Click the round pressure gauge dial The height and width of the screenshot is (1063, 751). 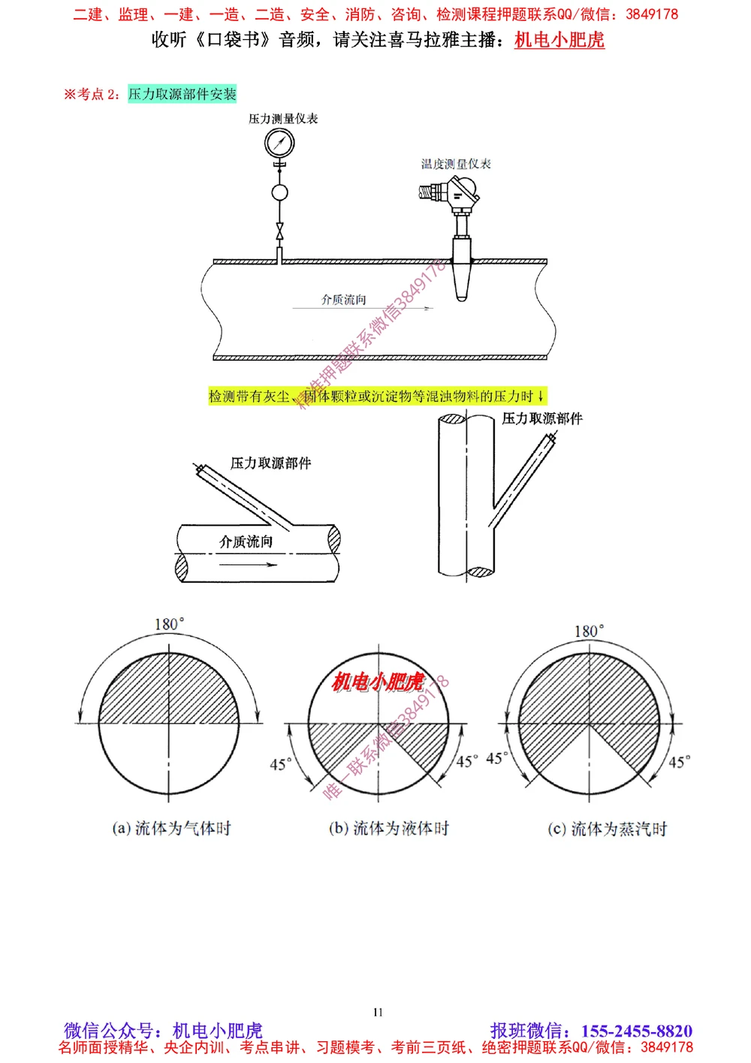[x=279, y=142]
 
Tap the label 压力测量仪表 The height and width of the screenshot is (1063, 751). [x=283, y=119]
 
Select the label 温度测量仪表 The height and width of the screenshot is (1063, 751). [x=456, y=164]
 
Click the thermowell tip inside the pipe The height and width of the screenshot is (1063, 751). [x=462, y=289]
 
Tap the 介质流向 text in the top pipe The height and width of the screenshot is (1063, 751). [x=344, y=300]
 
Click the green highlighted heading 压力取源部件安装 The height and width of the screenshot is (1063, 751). [x=182, y=94]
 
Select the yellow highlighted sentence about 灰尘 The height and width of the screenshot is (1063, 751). [x=377, y=396]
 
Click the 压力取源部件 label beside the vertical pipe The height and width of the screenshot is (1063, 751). [x=542, y=418]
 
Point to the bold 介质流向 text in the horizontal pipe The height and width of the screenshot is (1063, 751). [x=246, y=542]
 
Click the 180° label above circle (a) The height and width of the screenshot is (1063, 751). [x=169, y=624]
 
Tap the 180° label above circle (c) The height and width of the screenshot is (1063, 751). [x=589, y=631]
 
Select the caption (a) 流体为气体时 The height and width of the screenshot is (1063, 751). [x=171, y=828]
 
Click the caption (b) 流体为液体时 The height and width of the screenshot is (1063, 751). [x=389, y=828]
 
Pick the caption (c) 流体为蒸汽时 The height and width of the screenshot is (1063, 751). [x=608, y=829]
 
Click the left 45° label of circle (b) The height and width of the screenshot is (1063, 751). [x=281, y=764]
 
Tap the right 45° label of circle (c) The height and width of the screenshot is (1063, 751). [x=679, y=762]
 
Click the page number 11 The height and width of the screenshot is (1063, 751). [x=378, y=1012]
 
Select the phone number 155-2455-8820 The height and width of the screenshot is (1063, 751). [x=636, y=1031]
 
